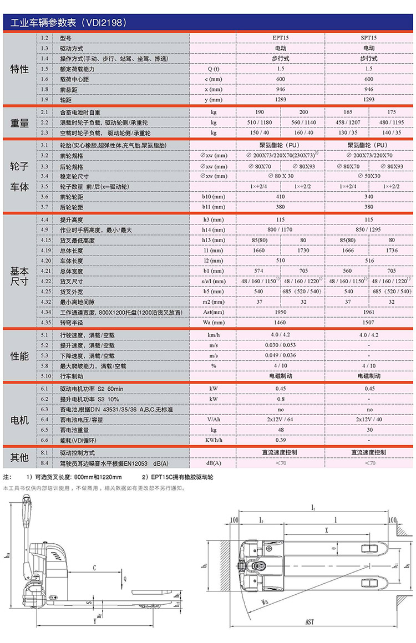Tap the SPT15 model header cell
[x=369, y=39]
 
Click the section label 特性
[x=19, y=69]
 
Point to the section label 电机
[x=19, y=421]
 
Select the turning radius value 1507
[x=369, y=321]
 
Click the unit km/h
[x=214, y=335]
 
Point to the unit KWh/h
[x=214, y=440]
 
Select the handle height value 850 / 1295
[x=369, y=229]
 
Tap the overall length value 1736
[x=392, y=250]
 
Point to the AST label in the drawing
[x=309, y=622]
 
